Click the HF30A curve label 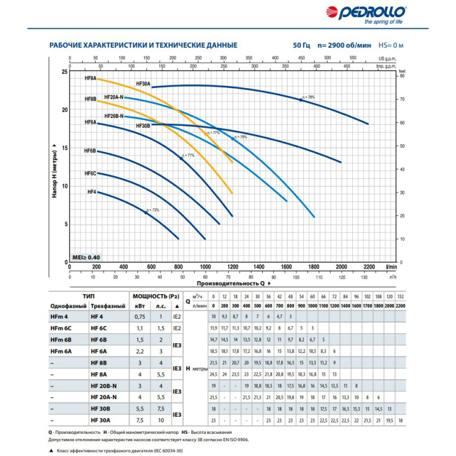142,83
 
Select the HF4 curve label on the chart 91,192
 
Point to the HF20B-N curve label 114,116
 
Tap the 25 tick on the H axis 64,72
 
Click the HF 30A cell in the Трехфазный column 102,420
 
